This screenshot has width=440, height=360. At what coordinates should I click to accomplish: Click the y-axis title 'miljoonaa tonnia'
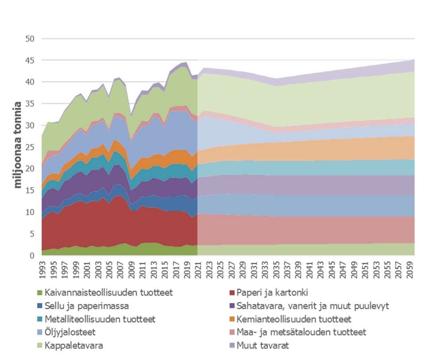(x=18, y=145)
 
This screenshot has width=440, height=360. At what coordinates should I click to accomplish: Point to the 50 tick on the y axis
(x=30, y=38)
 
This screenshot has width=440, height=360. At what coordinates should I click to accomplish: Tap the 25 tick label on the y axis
(x=30, y=147)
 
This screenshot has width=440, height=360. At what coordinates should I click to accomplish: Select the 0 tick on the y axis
(x=32, y=255)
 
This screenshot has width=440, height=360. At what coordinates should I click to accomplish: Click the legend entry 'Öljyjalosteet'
(x=69, y=332)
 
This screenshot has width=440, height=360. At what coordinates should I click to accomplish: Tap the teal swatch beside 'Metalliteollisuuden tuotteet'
(x=39, y=319)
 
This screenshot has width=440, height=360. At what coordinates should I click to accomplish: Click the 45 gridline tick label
(x=30, y=60)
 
